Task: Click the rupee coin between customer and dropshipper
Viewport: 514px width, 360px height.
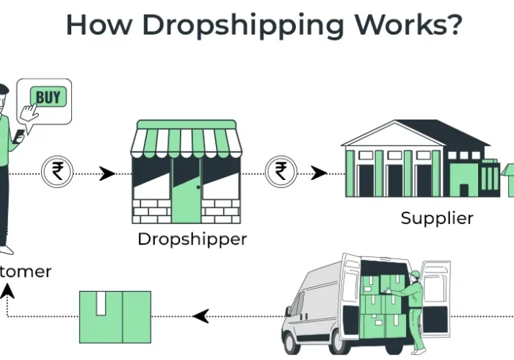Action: [57, 173]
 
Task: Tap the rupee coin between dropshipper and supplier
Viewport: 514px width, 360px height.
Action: [281, 173]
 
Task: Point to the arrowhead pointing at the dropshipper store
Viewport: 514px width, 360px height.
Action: [107, 174]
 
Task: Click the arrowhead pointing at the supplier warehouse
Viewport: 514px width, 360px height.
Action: [319, 173]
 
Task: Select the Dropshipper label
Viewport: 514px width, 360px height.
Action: [192, 240]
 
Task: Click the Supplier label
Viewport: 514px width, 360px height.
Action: [437, 218]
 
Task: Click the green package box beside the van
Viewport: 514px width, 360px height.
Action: [115, 316]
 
